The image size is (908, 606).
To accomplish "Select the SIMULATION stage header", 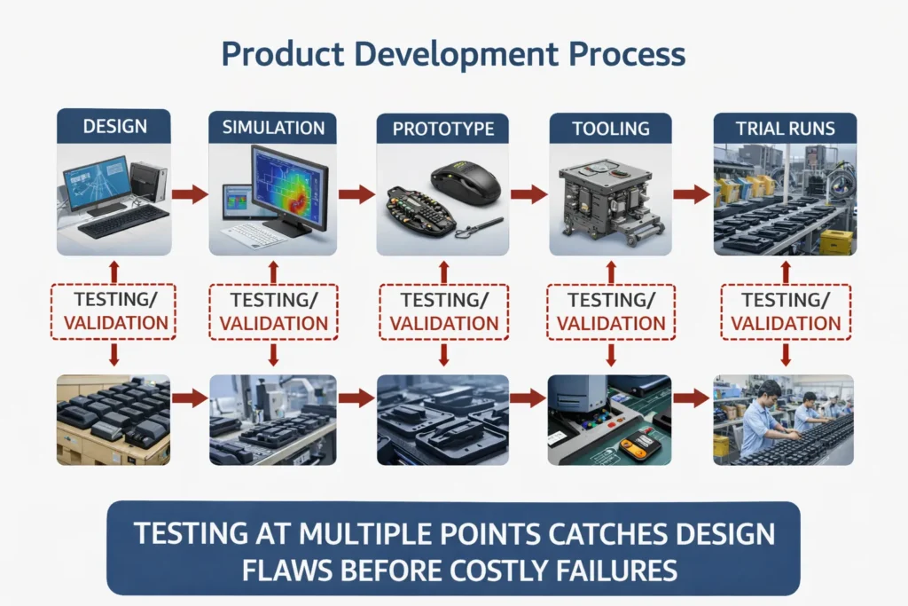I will pyautogui.click(x=272, y=127).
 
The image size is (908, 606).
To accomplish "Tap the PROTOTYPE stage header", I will pyautogui.click(x=442, y=129).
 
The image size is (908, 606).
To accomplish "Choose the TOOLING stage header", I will pyautogui.click(x=610, y=129).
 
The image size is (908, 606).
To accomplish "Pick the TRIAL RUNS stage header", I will pyautogui.click(x=785, y=128).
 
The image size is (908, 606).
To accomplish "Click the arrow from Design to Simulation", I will pyautogui.click(x=189, y=193).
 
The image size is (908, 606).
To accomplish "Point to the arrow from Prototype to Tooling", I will pyautogui.click(x=528, y=193).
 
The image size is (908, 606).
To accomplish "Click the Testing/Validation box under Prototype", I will pyautogui.click(x=443, y=311).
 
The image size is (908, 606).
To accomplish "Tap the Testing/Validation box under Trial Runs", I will pyautogui.click(x=785, y=311).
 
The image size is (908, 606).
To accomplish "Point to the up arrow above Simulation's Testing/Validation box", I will pyautogui.click(x=272, y=271).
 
